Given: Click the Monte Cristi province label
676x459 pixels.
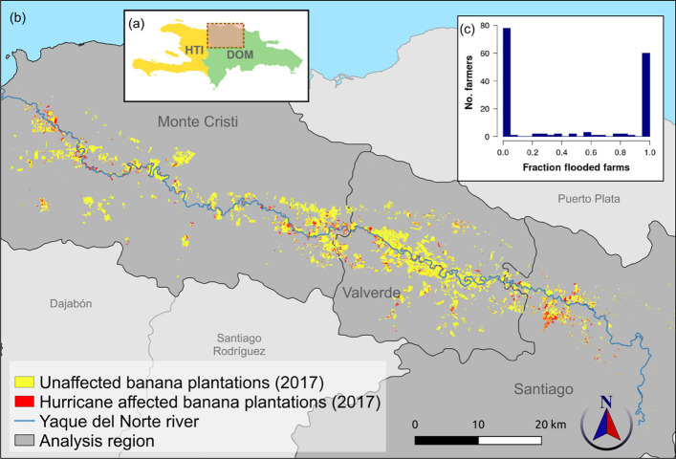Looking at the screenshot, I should pyautogui.click(x=198, y=121).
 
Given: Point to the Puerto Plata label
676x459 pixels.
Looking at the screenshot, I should pyautogui.click(x=590, y=199).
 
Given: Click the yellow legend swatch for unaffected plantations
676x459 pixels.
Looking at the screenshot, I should pyautogui.click(x=24, y=382).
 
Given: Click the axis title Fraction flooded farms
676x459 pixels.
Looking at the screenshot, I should pyautogui.click(x=562, y=169).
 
